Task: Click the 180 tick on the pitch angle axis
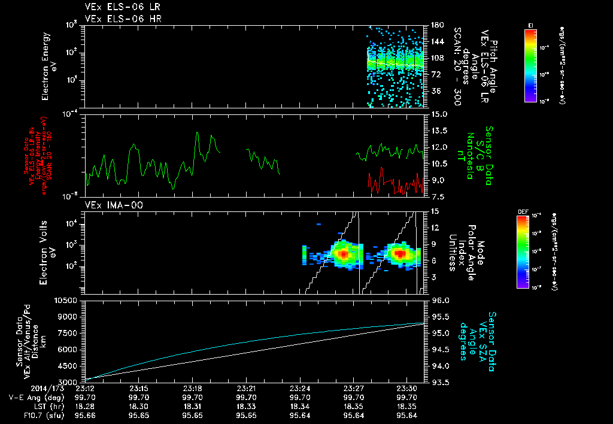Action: [436, 25]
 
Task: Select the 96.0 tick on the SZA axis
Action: [440, 300]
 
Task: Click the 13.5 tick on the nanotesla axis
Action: [440, 131]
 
